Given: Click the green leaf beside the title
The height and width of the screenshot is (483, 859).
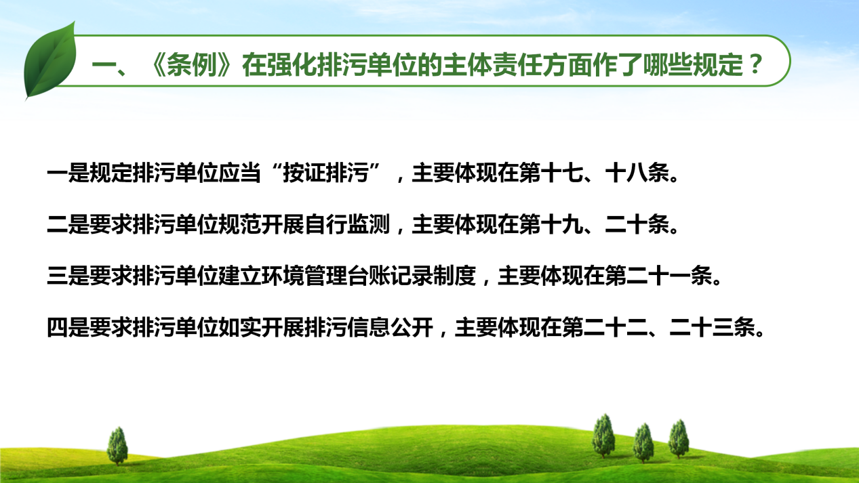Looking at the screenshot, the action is pyautogui.click(x=50, y=61).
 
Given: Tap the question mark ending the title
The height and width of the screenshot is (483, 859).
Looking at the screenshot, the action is pyautogui.click(x=756, y=64).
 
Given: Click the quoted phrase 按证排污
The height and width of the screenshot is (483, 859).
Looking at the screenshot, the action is pyautogui.click(x=325, y=173).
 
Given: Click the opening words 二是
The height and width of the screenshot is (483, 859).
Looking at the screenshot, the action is pyautogui.click(x=68, y=224).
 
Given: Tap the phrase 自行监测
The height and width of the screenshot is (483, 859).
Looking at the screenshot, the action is pyautogui.click(x=347, y=224).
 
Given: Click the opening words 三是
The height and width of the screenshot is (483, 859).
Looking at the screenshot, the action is pyautogui.click(x=68, y=276).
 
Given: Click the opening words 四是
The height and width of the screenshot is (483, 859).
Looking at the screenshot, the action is pyautogui.click(x=68, y=327).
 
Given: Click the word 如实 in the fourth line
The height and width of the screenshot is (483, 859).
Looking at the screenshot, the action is pyautogui.click(x=240, y=327).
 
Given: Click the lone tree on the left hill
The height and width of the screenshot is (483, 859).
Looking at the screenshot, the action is pyautogui.click(x=117, y=446).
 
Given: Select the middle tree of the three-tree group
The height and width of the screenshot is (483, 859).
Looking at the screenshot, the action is pyautogui.click(x=643, y=443).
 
